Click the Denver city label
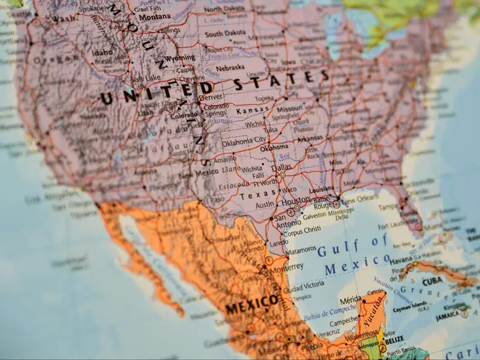click(211, 97)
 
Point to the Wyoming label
click(180, 57)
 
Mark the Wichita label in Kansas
click(255, 124)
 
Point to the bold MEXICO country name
click(251, 304)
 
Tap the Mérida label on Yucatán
click(351, 300)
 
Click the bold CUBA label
click(433, 280)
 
